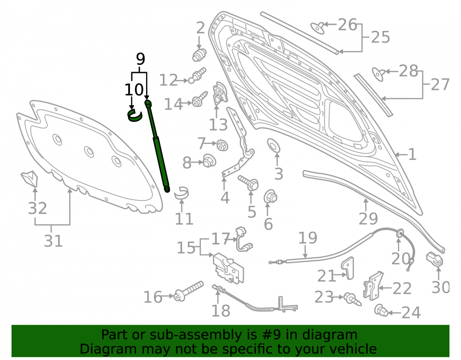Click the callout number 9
(141, 59)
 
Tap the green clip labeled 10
(134, 115)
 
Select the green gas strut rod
(157, 146)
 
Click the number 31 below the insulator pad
(53, 241)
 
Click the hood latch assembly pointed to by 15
(229, 268)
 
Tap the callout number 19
(308, 238)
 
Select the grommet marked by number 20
(400, 234)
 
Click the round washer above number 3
(273, 146)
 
